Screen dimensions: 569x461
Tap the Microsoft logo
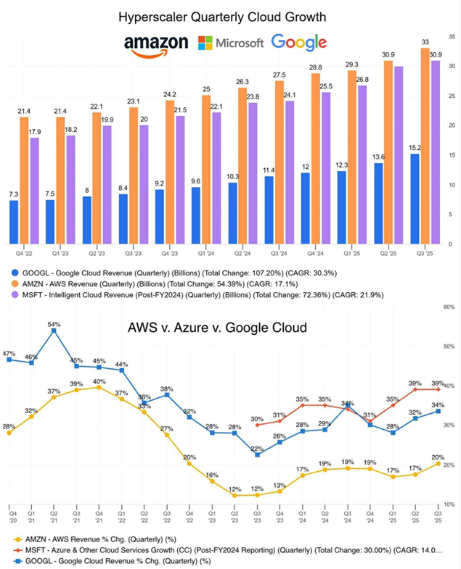(231, 43)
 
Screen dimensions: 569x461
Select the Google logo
(298, 43)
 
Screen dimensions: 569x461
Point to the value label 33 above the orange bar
(425, 41)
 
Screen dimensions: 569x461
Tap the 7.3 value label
(14, 194)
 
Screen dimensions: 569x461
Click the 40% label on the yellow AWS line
(99, 381)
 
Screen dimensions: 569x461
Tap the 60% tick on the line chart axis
(449, 307)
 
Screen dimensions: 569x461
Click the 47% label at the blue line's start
(9, 354)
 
